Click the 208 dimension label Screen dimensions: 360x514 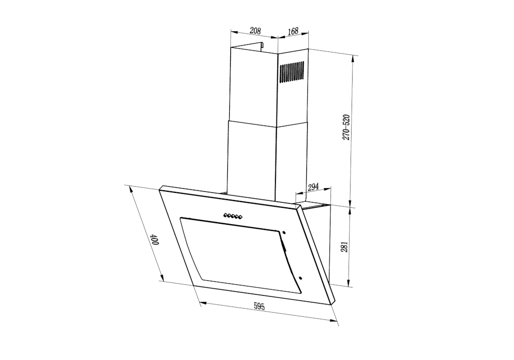(x=255, y=31)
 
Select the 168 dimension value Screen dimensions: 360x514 (x=293, y=31)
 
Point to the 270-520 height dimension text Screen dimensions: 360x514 (x=347, y=127)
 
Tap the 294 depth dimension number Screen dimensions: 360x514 (x=313, y=187)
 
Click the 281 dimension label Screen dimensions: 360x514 (x=345, y=247)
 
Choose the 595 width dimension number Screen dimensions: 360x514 (x=259, y=307)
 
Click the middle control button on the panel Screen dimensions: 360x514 (x=232, y=217)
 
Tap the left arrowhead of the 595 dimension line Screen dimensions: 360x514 (x=202, y=303)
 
